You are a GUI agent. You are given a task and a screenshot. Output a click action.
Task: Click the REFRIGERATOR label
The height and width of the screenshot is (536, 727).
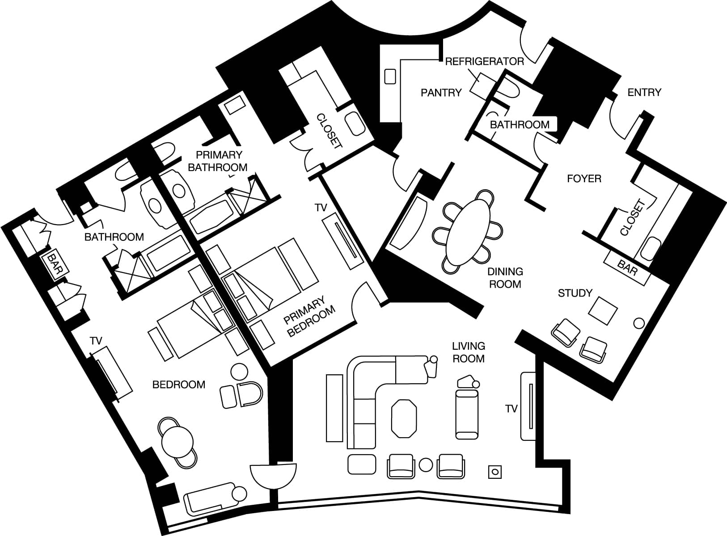(485, 62)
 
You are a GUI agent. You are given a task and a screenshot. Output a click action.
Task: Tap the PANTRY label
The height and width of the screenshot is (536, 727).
(441, 93)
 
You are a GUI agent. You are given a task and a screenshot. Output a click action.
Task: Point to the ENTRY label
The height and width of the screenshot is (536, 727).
(644, 92)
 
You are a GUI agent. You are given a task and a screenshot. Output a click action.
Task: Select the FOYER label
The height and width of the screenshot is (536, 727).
(584, 179)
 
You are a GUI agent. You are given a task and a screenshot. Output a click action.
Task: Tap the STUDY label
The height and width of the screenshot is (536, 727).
(575, 293)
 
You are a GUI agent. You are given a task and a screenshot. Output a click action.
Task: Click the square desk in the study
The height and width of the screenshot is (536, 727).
(603, 311)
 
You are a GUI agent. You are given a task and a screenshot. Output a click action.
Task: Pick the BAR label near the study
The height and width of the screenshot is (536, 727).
(627, 268)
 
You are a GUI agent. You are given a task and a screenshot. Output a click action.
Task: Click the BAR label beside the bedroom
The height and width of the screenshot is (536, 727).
(55, 264)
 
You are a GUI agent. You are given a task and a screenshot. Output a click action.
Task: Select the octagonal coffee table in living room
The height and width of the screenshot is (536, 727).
(404, 419)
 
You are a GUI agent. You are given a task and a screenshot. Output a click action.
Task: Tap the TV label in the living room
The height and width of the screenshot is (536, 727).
(511, 409)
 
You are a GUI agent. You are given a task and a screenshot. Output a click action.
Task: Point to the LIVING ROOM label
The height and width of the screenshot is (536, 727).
(469, 352)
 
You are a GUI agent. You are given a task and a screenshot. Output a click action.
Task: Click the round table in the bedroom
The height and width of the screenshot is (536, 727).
(178, 442)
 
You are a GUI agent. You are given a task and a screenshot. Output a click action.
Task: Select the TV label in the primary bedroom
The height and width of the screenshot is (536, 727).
(321, 208)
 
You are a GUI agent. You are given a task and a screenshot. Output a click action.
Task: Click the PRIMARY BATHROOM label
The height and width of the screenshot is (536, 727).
(217, 161)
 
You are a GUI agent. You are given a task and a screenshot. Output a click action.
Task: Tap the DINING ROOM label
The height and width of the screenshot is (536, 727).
(505, 278)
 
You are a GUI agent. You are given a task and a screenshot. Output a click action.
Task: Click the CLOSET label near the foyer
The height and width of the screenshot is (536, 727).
(633, 218)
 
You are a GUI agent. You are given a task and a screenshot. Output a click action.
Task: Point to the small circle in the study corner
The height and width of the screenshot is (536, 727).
(639, 323)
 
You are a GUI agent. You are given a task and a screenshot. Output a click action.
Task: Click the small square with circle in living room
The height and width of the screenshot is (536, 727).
(495, 472)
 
